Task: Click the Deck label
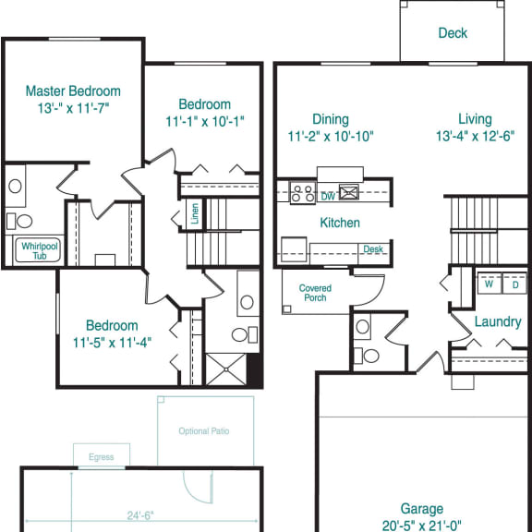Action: (x=453, y=33)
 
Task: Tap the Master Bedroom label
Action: (x=73, y=91)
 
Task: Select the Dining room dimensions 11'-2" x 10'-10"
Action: (x=330, y=136)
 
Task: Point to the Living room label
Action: (x=474, y=119)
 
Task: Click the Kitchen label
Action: (x=340, y=223)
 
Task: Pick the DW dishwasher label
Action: (x=328, y=196)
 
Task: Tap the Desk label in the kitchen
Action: (x=373, y=249)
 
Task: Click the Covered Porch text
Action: (x=315, y=294)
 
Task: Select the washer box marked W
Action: (x=488, y=284)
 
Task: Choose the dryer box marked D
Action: (x=514, y=284)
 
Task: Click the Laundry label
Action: (x=498, y=322)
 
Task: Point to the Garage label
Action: (x=421, y=509)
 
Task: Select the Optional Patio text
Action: (x=204, y=431)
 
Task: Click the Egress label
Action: (x=102, y=456)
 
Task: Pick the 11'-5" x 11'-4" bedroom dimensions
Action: (x=112, y=341)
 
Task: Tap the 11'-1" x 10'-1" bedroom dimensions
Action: (x=204, y=120)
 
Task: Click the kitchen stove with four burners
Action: (x=302, y=194)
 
